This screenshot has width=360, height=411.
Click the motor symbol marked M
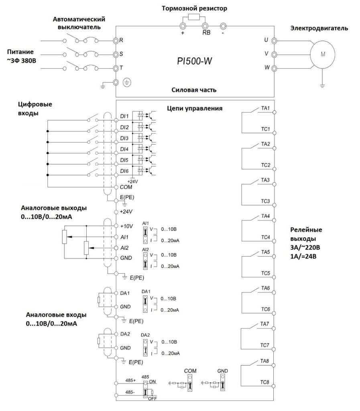pyautogui.click(x=322, y=54)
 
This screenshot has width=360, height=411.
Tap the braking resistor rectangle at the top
pyautogui.click(x=195, y=17)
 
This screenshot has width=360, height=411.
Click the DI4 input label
pyautogui.click(x=124, y=149)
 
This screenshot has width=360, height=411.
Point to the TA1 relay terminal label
pyautogui.click(x=265, y=108)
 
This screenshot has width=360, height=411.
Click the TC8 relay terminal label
pyautogui.click(x=264, y=381)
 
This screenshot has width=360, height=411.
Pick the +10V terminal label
pyautogui.click(x=126, y=226)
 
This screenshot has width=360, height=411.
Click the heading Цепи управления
pyautogui.click(x=195, y=108)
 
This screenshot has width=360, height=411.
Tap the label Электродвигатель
pyautogui.click(x=319, y=28)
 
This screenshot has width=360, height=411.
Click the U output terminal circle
pyautogui.click(x=274, y=41)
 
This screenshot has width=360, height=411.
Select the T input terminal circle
pyautogui.click(x=116, y=68)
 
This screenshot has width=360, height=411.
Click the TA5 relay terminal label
pyautogui.click(x=265, y=252)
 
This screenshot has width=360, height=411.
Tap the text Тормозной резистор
pyautogui.click(x=191, y=8)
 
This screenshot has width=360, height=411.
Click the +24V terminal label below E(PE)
pyautogui.click(x=126, y=211)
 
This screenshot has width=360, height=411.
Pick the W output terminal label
pyautogui.click(x=266, y=67)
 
